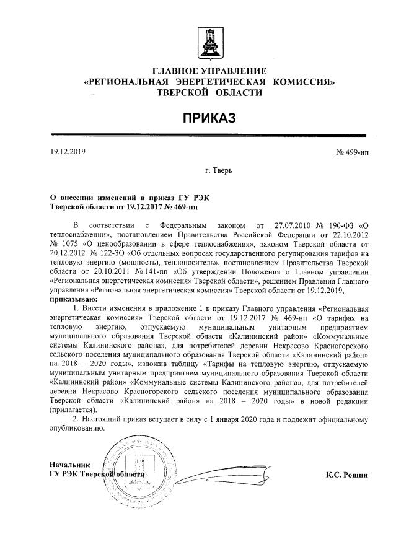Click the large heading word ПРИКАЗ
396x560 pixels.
tap(209, 118)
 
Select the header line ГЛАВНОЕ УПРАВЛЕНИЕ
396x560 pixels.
tap(209, 71)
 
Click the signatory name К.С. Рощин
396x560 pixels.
tap(347, 475)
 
